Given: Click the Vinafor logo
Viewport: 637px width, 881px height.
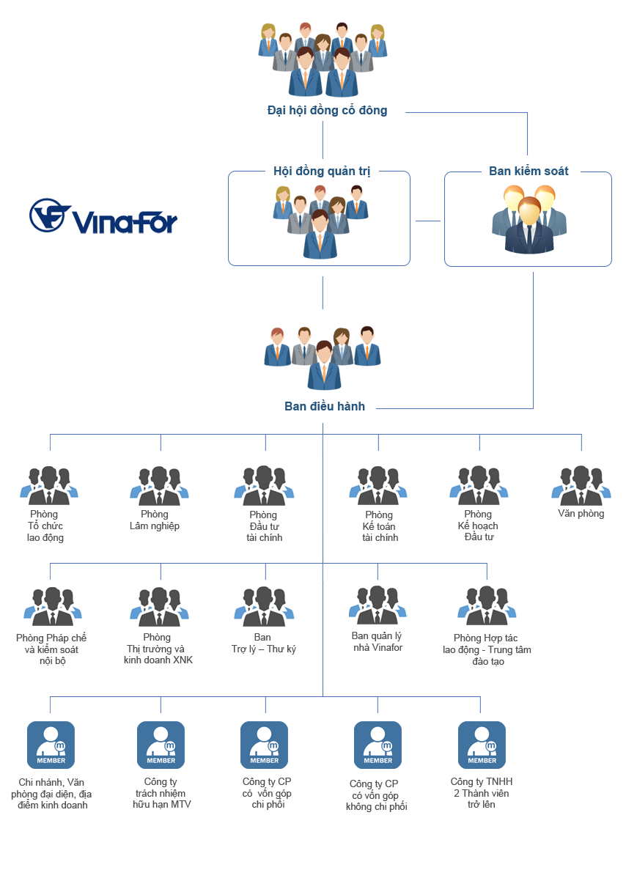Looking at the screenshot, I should [x=103, y=216].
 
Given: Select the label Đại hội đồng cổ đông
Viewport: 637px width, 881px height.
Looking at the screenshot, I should [x=327, y=111].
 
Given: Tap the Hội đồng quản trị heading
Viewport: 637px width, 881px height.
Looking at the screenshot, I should [x=322, y=172].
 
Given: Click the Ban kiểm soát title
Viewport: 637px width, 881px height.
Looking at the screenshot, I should [x=529, y=172].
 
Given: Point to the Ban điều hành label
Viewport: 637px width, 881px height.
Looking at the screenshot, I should [x=325, y=406].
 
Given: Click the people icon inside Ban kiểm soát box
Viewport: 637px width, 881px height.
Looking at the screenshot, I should [x=528, y=219].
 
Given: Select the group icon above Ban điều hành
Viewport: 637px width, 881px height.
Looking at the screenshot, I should [x=323, y=357].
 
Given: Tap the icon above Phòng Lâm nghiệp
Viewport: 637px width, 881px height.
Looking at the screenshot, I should [x=155, y=485].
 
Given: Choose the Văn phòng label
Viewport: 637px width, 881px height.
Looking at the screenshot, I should [x=581, y=514].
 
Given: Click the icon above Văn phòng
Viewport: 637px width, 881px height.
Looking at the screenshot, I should [x=581, y=484].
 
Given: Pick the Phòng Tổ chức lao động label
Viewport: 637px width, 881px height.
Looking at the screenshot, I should [x=45, y=526].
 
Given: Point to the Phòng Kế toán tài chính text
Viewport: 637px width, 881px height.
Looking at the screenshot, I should [x=379, y=526].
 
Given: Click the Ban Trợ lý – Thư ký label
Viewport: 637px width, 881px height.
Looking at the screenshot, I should [x=263, y=644].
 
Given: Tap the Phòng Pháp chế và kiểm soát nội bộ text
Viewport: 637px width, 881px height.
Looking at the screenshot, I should [x=51, y=649].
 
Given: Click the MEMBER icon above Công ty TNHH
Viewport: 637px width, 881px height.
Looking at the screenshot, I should [x=482, y=745].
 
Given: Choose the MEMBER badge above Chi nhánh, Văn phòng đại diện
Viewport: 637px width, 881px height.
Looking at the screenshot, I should [x=51, y=745].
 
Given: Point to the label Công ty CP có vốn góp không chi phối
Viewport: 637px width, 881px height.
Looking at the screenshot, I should [x=376, y=795].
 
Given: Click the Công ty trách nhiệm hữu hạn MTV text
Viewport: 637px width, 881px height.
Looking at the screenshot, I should [x=161, y=793].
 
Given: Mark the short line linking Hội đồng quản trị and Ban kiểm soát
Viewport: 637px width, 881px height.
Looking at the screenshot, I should [x=428, y=221].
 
